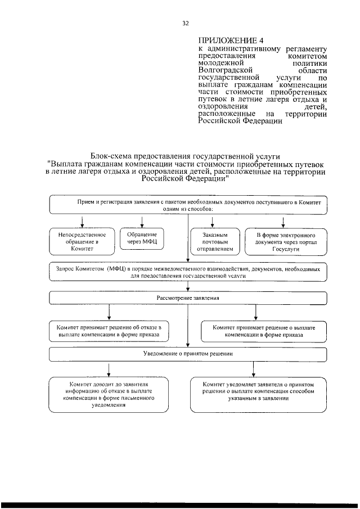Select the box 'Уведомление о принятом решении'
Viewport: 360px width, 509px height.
[188, 354]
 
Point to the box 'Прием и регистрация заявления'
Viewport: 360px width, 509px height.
[188, 205]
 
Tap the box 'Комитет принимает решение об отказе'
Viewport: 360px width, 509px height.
[109, 331]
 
